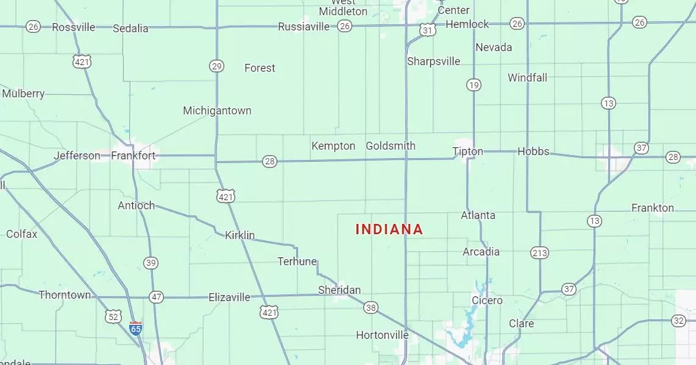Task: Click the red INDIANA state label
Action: [389, 229]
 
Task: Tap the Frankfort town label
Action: [133, 156]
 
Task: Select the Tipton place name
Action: [467, 151]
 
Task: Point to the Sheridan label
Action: [339, 290]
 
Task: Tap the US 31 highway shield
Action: [428, 30]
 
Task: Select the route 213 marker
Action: [539, 252]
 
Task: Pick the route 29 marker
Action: [216, 66]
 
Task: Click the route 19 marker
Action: [474, 85]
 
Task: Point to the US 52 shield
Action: [113, 316]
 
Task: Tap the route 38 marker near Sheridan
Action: [371, 308]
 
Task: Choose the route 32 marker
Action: [679, 321]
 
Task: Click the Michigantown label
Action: [217, 111]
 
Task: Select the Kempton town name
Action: [333, 146]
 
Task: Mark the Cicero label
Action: [487, 301]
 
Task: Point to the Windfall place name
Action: [527, 78]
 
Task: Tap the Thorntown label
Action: [65, 295]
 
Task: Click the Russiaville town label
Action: [304, 27]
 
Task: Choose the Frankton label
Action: [653, 208]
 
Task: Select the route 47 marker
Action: [157, 297]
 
